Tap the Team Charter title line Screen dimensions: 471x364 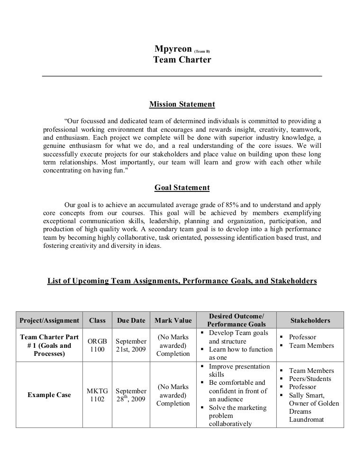[182, 60]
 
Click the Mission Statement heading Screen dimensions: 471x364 [182, 104]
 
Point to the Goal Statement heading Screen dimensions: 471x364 [182, 188]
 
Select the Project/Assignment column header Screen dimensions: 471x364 [49, 321]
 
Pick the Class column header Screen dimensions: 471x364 [97, 321]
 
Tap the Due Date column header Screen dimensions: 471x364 [131, 321]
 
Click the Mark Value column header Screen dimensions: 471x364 [173, 321]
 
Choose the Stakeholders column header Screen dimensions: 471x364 [310, 321]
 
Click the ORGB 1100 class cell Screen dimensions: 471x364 [97, 345]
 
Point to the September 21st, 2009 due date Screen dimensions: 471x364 [131, 345]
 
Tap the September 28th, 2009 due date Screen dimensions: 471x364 [131, 395]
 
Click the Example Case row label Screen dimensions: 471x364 [49, 395]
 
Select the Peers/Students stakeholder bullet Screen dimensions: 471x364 [310, 379]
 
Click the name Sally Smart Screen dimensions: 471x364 [307, 396]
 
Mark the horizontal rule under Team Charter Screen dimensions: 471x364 [182, 76]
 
